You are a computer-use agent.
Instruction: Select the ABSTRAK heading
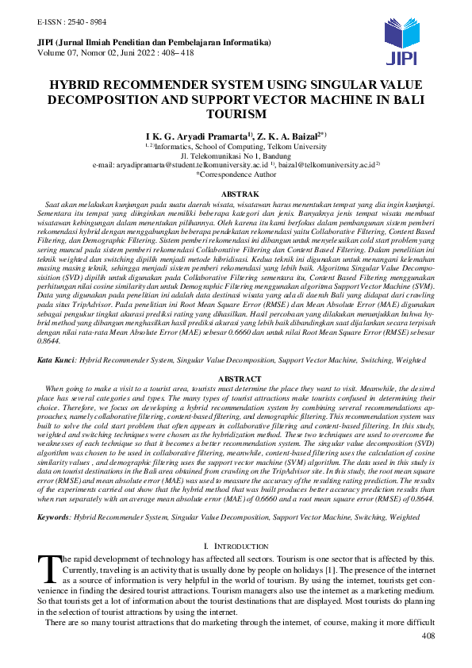click(x=236, y=194)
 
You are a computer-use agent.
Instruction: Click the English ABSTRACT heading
click(x=236, y=379)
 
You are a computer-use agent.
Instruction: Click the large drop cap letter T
click(x=49, y=567)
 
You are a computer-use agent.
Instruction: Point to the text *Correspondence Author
click(x=236, y=174)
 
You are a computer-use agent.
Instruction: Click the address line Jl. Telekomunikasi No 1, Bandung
click(x=236, y=155)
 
